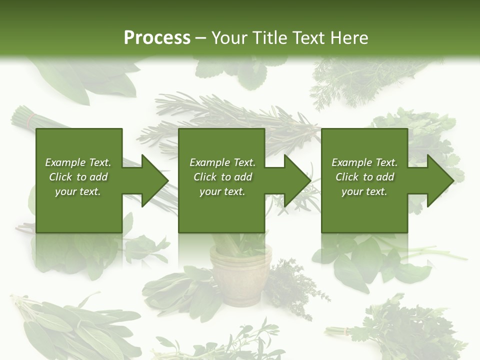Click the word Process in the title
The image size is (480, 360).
click(x=157, y=38)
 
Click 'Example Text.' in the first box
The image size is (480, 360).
click(x=78, y=162)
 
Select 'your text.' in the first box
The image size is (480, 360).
click(x=78, y=191)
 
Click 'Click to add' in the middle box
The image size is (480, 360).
click(x=222, y=177)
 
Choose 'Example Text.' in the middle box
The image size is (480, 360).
click(x=222, y=162)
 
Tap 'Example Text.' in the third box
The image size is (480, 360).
click(x=364, y=162)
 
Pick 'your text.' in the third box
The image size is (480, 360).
click(x=364, y=191)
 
